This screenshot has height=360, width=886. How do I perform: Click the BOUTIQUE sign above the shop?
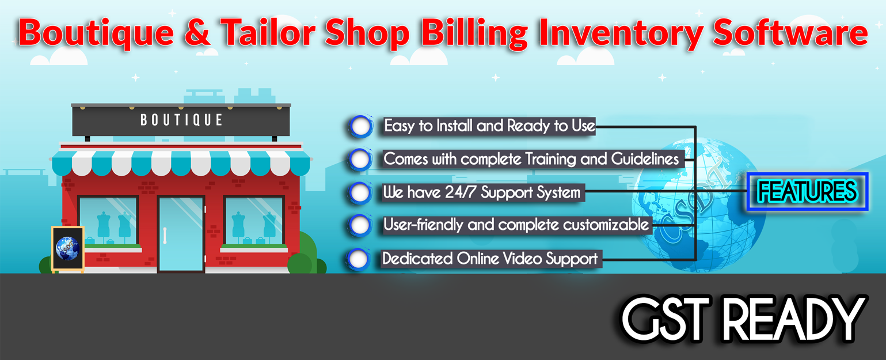coord(181,120)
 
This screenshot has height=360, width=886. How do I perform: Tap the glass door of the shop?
coord(181,233)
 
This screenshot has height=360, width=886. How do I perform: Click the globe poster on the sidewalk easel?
coord(67,248)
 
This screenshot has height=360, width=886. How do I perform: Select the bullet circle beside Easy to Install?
coord(361,127)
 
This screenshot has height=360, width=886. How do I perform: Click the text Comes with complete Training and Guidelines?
coord(531,159)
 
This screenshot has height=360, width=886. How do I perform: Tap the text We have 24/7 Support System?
coord(481,192)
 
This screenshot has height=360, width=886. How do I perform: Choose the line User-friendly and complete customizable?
coord(516,225)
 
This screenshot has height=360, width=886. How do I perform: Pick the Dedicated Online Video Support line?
coord(490,259)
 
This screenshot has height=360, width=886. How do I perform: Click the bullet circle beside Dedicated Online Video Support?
coord(359,259)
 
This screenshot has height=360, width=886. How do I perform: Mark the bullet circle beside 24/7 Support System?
coord(360,192)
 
